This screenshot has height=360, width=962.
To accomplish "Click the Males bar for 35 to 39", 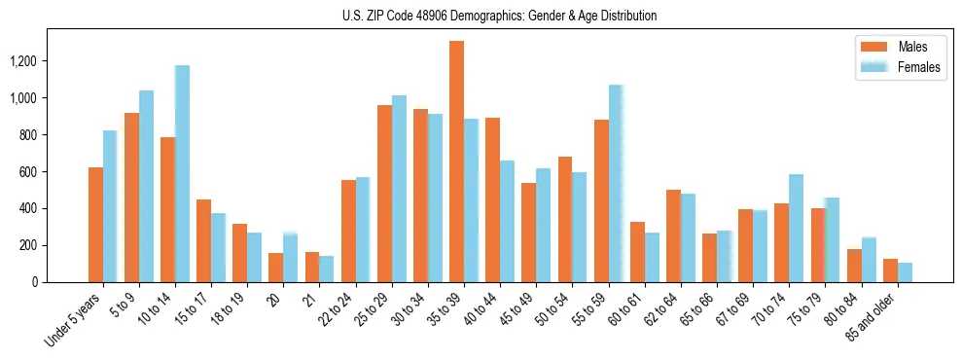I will point(456,162).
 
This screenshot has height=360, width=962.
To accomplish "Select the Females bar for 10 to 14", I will point(182,173).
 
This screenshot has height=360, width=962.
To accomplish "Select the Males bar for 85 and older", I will point(890,270).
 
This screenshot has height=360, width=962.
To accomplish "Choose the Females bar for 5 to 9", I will point(146,186).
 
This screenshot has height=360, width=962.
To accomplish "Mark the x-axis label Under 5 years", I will point(76,321).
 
